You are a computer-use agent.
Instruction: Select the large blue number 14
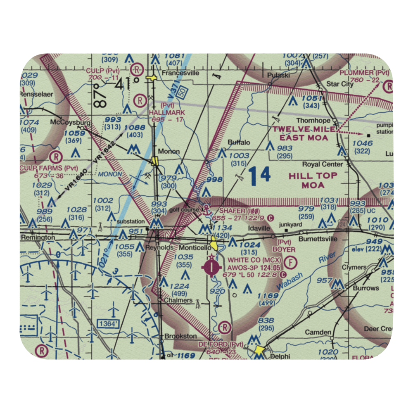point(260,174)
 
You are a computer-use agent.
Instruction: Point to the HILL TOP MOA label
point(313,180)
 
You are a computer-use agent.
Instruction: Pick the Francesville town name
point(180,73)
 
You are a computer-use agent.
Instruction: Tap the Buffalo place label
point(239,142)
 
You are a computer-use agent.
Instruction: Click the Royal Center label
point(329,163)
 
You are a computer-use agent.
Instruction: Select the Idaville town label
point(259,228)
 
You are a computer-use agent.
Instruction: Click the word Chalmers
point(178,300)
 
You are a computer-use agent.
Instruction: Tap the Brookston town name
point(180,336)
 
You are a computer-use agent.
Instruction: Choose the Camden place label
point(318,332)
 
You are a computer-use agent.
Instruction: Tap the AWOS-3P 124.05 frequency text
point(251,268)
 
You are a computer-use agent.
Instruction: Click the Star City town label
point(340,84)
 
